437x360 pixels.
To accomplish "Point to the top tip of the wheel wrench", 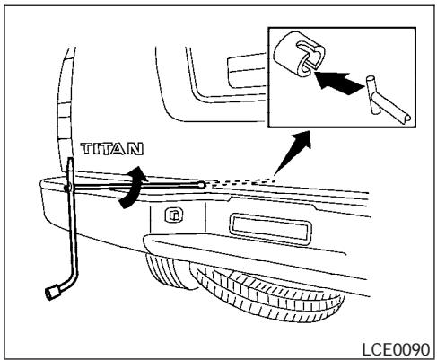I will [72, 162].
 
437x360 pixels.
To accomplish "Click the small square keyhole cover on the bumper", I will [172, 216].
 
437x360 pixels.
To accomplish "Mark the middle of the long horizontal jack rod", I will [135, 187].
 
